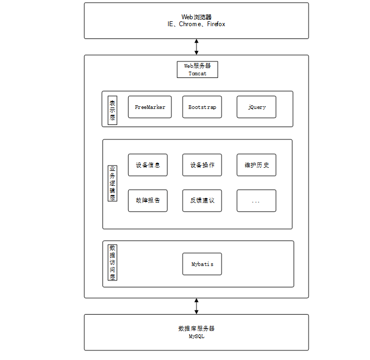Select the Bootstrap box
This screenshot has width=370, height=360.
point(202,107)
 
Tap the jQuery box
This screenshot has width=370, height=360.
point(256,107)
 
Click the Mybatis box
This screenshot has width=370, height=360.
point(202,264)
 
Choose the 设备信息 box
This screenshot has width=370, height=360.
point(148,165)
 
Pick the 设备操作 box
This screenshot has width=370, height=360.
point(202,165)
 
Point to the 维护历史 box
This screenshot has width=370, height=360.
point(256,165)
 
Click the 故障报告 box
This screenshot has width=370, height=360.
point(148,201)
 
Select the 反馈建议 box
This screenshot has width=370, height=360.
point(202,201)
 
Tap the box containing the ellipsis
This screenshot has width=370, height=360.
point(256,201)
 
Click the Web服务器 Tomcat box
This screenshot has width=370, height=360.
point(198,69)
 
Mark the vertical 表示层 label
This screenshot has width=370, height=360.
point(113,109)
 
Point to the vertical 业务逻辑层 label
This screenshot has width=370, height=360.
point(113,183)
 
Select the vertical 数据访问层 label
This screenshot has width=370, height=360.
point(113,262)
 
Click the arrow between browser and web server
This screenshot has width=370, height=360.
point(196,47)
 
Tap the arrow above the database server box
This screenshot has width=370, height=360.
point(196,306)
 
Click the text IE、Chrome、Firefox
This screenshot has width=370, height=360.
point(196,24)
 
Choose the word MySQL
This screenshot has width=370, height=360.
point(196,336)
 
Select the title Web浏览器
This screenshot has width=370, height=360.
point(196,17)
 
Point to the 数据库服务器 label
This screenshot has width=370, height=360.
point(196,328)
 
